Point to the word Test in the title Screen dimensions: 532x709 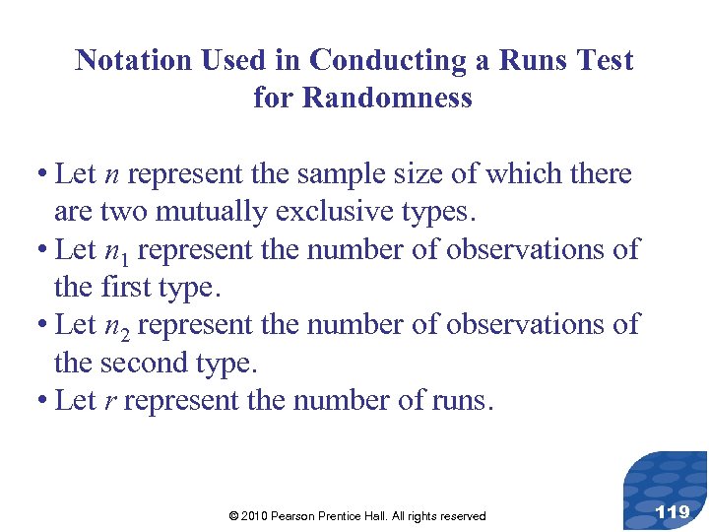tap(605, 60)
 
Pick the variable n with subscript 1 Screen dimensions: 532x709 tap(115, 250)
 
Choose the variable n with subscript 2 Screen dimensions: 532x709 tap(115, 325)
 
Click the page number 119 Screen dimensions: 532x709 tap(672, 510)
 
